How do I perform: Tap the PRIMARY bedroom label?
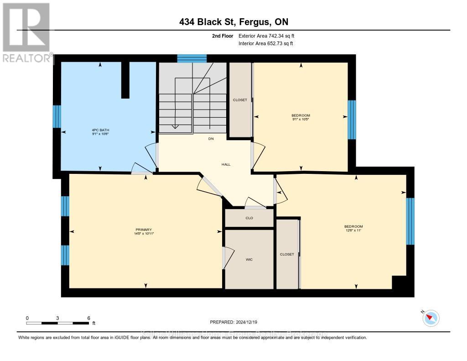tap(143, 230)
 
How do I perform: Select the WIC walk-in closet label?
tap(249, 260)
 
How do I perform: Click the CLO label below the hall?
tap(249, 218)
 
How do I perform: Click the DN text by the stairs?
tap(211, 139)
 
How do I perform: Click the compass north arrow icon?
tap(431, 318)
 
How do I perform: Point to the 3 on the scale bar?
tap(58, 318)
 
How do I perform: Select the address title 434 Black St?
tap(233, 22)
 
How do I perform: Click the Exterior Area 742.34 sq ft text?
tap(270, 36)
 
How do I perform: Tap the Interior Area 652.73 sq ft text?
tap(266, 43)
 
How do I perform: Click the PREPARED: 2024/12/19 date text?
tap(233, 322)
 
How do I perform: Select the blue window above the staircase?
tap(192, 58)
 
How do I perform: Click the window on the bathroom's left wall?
tap(57, 116)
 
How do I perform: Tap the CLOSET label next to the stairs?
tap(240, 100)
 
